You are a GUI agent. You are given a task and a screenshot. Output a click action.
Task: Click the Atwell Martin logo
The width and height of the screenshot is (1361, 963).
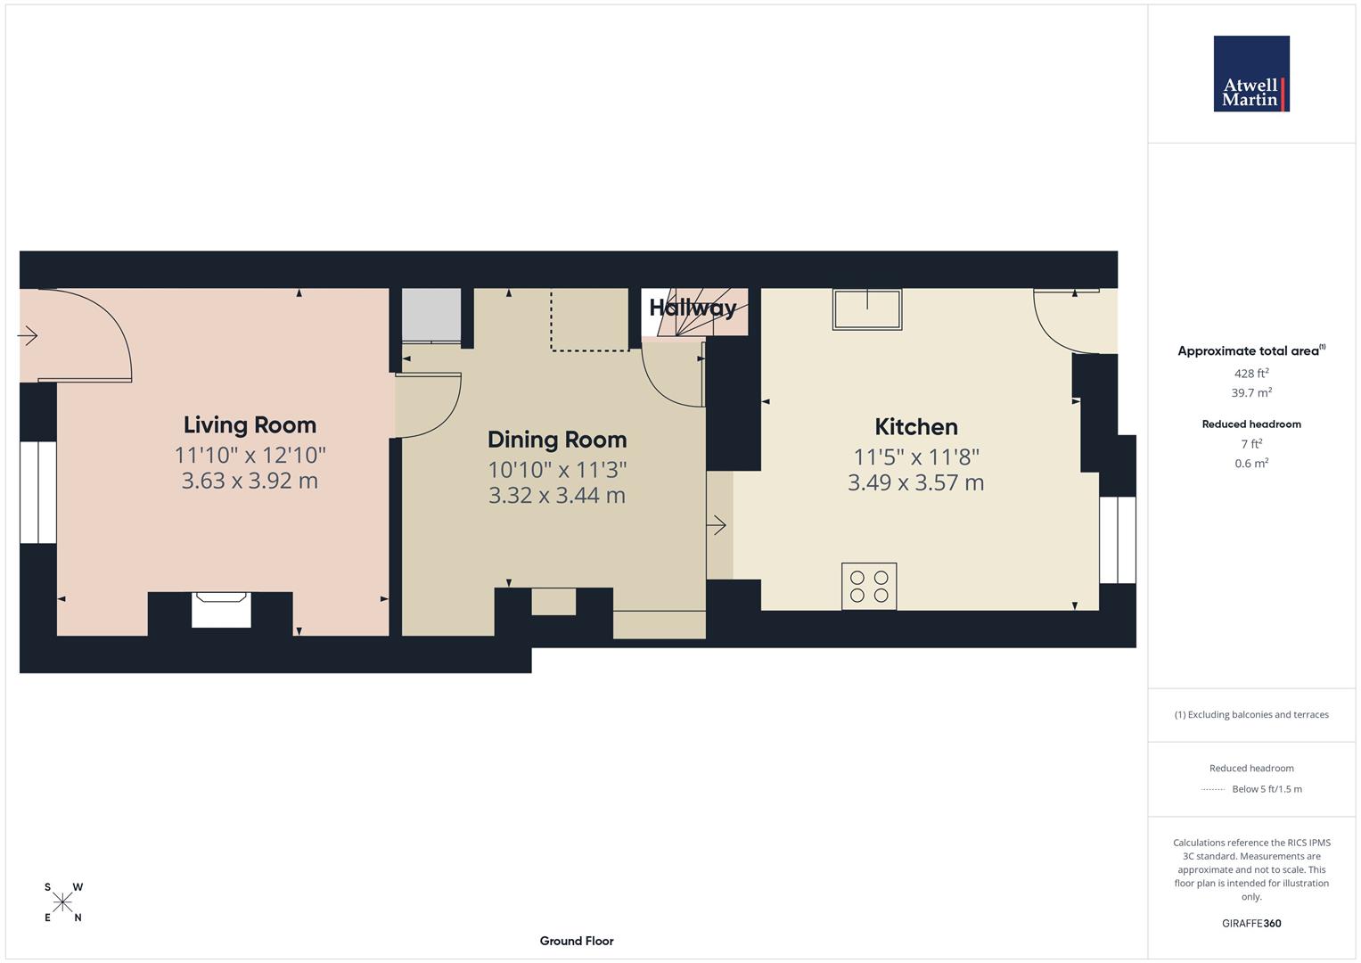click(x=1250, y=73)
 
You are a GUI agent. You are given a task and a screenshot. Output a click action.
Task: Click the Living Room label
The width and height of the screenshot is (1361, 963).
click(x=250, y=424)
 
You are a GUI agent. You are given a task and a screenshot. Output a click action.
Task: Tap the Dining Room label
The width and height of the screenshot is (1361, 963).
click(x=557, y=440)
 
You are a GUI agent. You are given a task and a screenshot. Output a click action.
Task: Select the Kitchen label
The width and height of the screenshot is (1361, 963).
click(x=915, y=426)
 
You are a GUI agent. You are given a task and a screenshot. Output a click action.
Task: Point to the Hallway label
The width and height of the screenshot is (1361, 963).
click(x=693, y=308)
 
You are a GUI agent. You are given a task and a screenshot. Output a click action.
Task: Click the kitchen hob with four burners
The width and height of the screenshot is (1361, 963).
click(x=869, y=586)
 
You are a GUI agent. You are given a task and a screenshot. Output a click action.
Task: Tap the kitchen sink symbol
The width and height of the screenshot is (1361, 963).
click(x=866, y=309)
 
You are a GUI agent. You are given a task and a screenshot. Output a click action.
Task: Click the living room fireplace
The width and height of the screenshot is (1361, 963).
click(x=221, y=611)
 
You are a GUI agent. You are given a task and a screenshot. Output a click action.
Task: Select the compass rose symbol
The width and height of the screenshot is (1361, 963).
click(x=62, y=902)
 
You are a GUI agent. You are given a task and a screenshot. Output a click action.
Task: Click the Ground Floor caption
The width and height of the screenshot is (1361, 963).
click(x=577, y=941)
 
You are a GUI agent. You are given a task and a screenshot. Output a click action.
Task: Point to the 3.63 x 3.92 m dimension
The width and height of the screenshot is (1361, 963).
click(x=250, y=481)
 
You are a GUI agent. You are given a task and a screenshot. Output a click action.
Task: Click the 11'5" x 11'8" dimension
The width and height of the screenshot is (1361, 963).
click(x=915, y=457)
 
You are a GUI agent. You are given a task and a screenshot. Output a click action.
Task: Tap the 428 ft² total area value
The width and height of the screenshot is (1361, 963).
click(x=1251, y=374)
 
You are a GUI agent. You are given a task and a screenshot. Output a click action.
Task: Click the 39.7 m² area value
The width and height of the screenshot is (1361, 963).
click(x=1251, y=392)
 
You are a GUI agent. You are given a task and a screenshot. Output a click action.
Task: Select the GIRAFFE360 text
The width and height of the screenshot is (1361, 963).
click(x=1251, y=923)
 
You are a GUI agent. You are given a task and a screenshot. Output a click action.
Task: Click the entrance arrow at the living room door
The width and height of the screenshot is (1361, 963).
click(x=28, y=336)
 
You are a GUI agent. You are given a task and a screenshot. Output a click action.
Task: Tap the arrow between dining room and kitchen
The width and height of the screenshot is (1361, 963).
click(x=717, y=525)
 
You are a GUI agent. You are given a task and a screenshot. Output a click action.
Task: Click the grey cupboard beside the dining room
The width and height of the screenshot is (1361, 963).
click(x=431, y=315)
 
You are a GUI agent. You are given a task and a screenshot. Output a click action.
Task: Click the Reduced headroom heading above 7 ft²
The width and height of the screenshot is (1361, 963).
click(x=1251, y=424)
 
